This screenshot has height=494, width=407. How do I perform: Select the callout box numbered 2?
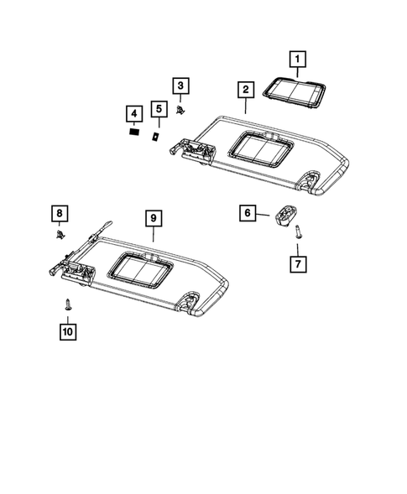[x=245, y=90]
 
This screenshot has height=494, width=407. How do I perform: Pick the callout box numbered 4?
[x=132, y=113]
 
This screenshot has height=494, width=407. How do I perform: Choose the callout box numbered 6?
[x=248, y=213]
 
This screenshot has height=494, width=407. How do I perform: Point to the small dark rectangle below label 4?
[x=133, y=132]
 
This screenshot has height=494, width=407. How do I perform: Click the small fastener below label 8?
[x=60, y=236]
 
